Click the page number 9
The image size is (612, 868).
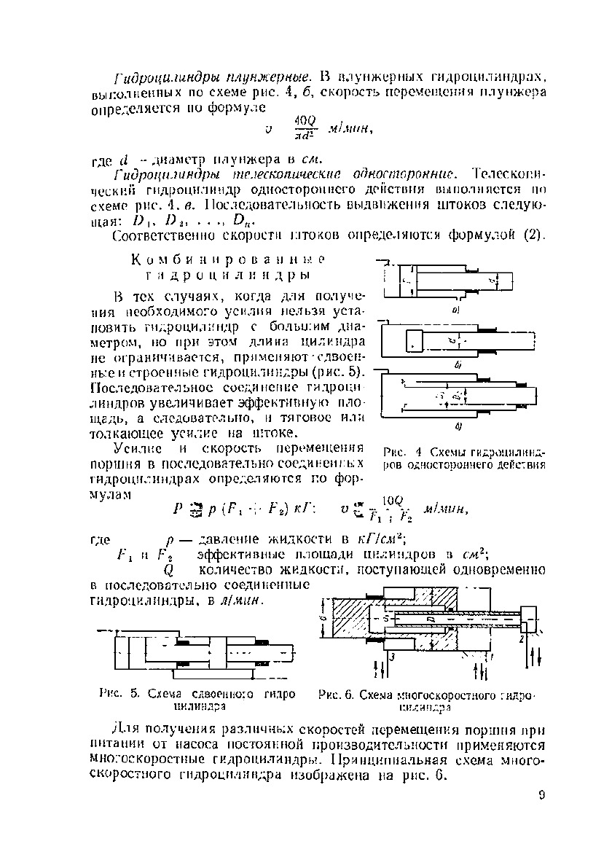click(x=542, y=796)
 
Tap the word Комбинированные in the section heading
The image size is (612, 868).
click(x=227, y=259)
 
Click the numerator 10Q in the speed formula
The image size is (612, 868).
click(x=392, y=500)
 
